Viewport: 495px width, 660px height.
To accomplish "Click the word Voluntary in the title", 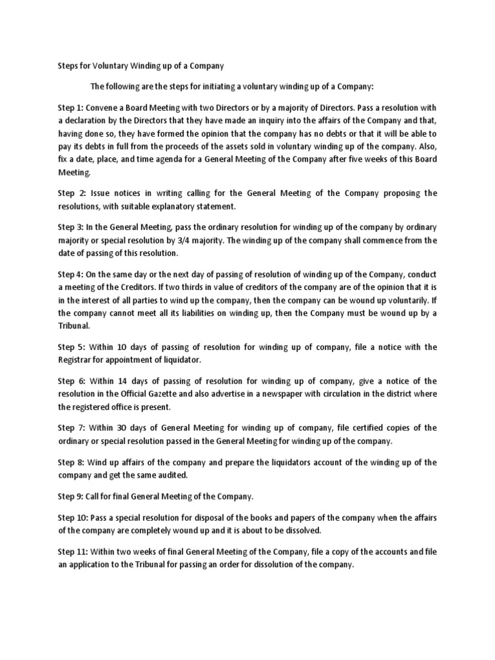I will coord(110,66).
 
